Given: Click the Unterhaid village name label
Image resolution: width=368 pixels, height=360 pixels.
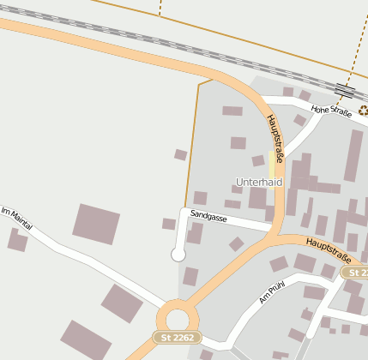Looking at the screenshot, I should tap(259, 183).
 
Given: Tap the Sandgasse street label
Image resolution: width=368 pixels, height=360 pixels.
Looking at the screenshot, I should tap(208, 218).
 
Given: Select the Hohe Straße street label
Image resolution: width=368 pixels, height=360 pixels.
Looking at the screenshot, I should tap(331, 111).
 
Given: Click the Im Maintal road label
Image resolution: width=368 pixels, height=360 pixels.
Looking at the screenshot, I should tap(16, 219).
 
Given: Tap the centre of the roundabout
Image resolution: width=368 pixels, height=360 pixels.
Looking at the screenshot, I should tap(178, 314).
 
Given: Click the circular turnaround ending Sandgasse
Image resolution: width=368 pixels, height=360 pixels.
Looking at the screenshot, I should tap(178, 254).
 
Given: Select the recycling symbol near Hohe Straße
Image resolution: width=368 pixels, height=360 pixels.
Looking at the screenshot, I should tap(363, 109).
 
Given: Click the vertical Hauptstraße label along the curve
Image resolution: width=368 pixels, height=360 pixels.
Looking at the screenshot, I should tap(274, 138).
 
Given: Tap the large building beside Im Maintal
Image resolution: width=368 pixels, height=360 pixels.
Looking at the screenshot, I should tap(95, 224).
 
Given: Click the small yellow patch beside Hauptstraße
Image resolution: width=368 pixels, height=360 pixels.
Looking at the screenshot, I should tap(273, 165).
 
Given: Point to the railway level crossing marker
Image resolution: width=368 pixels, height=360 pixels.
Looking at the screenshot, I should tap(345, 90).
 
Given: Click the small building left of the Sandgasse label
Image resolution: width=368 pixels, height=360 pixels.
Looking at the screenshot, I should tap(168, 224).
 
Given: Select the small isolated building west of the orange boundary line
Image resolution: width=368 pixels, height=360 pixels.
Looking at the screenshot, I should tap(180, 155).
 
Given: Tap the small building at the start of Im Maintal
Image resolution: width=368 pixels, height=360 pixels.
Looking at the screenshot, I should tap(17, 240).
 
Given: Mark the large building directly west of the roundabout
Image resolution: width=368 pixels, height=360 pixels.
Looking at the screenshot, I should tap(121, 303).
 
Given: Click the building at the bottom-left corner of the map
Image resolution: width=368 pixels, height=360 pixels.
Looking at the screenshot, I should tap(85, 341).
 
